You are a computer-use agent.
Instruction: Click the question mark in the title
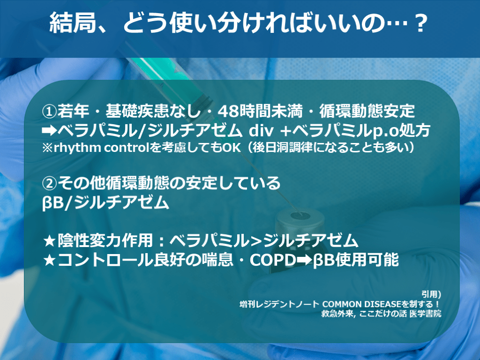point(419,23)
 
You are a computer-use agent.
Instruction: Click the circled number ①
point(49,112)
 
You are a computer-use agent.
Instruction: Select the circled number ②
point(49,183)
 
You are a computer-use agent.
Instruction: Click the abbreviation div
point(261,130)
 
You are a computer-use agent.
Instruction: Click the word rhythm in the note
point(77,148)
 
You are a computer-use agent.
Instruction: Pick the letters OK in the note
point(232,148)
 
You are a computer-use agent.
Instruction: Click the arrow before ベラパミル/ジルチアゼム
point(49,131)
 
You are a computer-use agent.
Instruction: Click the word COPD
point(273,260)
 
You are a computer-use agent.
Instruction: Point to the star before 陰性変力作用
point(49,241)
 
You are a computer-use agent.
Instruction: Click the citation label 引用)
point(431,294)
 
